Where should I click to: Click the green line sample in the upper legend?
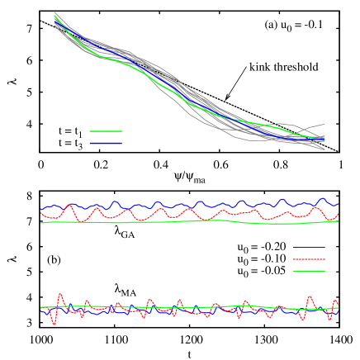point(106,130)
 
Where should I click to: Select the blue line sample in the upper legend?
point(106,143)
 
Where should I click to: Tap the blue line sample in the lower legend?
point(309,248)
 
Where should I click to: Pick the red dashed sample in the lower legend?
point(309,259)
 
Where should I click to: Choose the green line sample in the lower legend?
point(309,271)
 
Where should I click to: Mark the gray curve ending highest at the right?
point(322,125)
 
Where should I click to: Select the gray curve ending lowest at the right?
point(323,149)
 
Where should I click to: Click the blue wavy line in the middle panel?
point(165,204)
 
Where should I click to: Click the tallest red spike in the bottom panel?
point(60,294)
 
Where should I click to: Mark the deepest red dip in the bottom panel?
point(54,324)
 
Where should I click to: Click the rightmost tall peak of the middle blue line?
point(322,199)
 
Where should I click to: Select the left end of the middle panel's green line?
point(42,223)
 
